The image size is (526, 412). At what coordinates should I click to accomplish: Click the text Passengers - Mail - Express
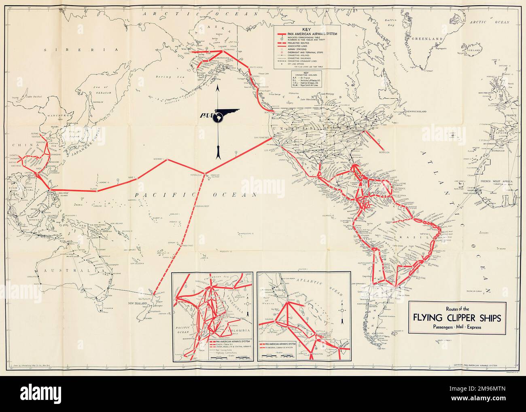[x=458, y=327]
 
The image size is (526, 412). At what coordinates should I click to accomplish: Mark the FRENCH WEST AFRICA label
[x=497, y=182]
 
